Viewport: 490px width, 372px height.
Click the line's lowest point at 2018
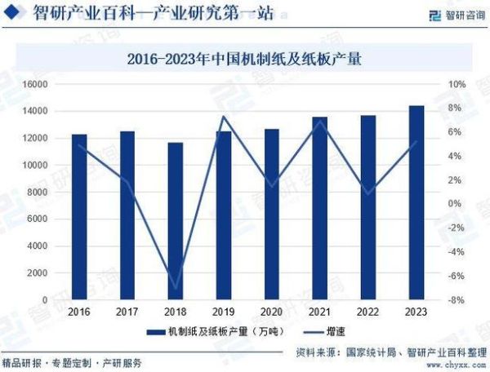pos(176,288)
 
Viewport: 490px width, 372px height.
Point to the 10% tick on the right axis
pos(457,84)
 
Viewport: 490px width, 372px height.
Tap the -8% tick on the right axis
pos(457,299)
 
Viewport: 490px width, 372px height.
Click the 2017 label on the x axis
pos(127,312)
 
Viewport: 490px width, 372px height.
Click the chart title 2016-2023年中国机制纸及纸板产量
pos(245,59)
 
